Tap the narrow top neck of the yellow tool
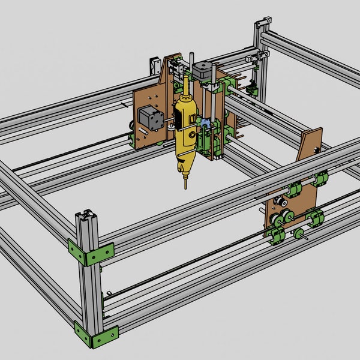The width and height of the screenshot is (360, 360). pyautogui.click(x=185, y=84)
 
